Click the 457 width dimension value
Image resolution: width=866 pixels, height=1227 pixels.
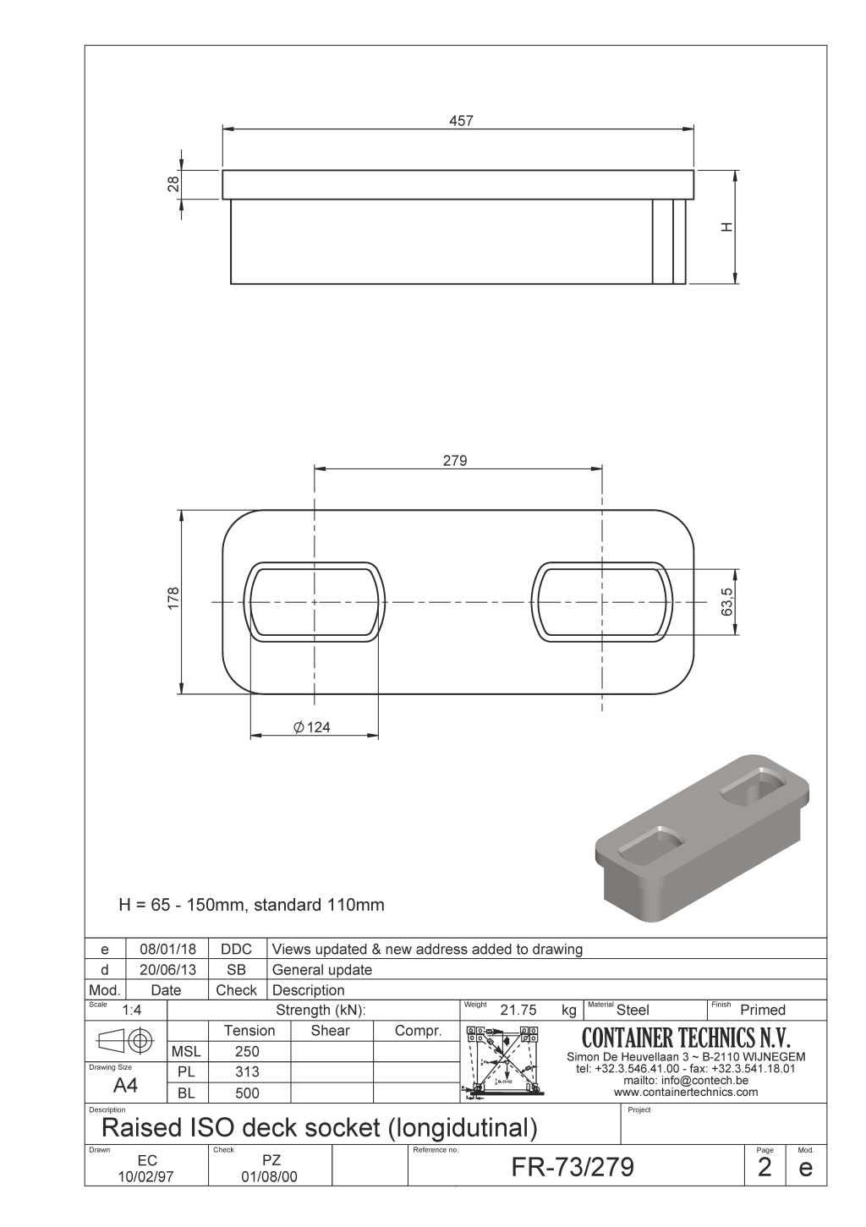tap(461, 121)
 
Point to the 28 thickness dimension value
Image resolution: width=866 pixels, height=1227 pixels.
tap(173, 184)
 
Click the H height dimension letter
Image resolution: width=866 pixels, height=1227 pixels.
tap(726, 227)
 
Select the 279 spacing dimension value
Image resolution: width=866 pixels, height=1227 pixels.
tap(455, 461)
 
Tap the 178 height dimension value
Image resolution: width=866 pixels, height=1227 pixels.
tap(174, 599)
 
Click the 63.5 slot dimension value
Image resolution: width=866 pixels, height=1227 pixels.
tap(727, 602)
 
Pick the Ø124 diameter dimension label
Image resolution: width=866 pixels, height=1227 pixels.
tap(312, 727)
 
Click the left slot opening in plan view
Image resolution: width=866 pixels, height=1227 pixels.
tap(314, 601)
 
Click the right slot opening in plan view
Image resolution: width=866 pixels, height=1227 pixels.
tap(601, 601)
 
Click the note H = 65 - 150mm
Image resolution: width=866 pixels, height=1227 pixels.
tap(251, 905)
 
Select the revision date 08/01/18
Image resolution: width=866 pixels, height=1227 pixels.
tap(167, 950)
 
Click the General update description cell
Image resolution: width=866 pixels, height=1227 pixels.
tap(322, 970)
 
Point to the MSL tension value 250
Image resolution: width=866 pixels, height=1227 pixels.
tap(247, 1052)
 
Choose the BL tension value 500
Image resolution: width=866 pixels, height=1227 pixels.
tap(247, 1093)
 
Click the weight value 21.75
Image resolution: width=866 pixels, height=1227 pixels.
tap(518, 1010)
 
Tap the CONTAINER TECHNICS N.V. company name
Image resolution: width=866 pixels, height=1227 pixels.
tap(686, 1038)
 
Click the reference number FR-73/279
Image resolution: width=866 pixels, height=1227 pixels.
tap(573, 1167)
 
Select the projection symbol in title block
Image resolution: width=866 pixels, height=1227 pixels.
tap(126, 1040)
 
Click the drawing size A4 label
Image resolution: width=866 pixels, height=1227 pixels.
tap(125, 1086)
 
